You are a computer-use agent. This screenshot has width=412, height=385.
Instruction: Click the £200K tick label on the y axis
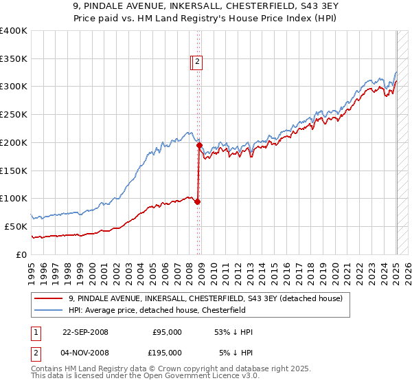pyautogui.click(x=14, y=142)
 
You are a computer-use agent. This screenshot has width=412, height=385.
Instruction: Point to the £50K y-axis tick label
pyautogui.click(x=16, y=226)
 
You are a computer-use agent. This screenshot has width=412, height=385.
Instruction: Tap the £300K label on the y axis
pyautogui.click(x=14, y=87)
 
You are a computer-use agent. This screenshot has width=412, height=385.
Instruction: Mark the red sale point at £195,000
pyautogui.click(x=199, y=145)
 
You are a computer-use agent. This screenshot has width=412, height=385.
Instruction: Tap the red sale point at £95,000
pyautogui.click(x=198, y=201)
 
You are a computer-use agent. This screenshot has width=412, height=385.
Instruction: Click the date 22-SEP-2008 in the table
pyautogui.click(x=85, y=332)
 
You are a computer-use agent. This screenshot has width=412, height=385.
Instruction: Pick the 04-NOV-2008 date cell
pyautogui.click(x=85, y=353)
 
